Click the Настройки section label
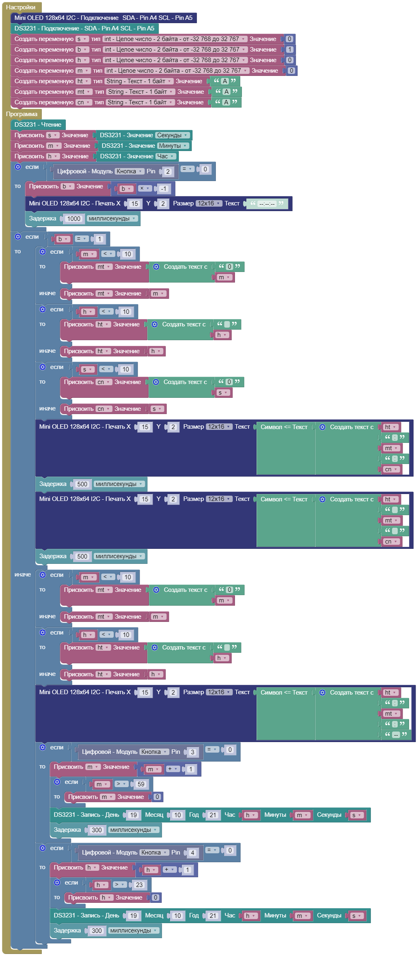(x=21, y=7)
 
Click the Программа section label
(x=22, y=114)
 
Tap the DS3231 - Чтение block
(x=38, y=125)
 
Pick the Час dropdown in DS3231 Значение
(x=166, y=156)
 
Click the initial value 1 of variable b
(x=289, y=50)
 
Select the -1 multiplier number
(x=164, y=189)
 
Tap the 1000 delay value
(x=73, y=219)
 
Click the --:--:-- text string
(x=267, y=204)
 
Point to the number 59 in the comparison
(x=141, y=784)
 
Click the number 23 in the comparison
(x=139, y=885)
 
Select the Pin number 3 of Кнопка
(x=192, y=752)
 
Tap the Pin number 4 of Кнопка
(x=192, y=853)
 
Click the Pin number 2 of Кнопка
(x=168, y=172)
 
